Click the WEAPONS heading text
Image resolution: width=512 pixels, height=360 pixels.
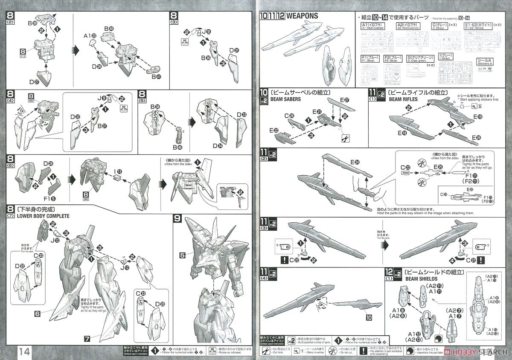[x=302, y=16]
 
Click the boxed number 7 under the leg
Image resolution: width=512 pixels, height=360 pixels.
[x=87, y=339]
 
